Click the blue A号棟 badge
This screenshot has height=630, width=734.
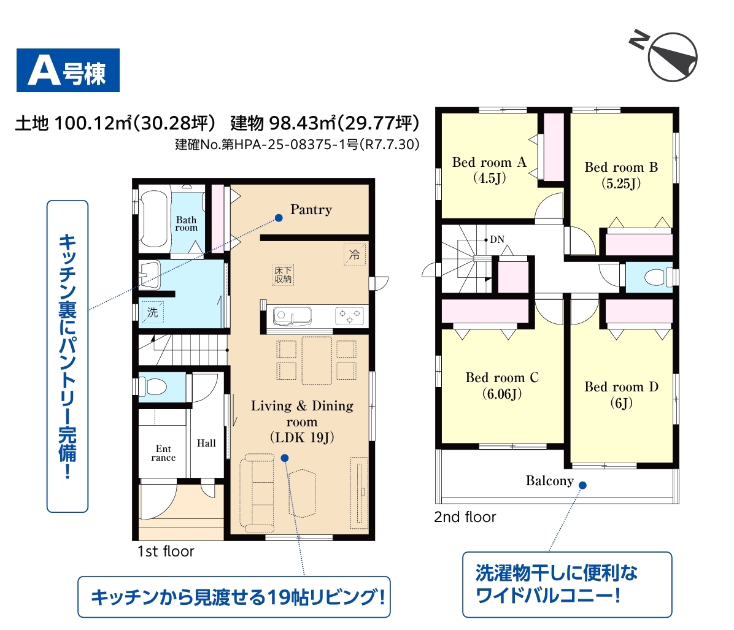(x=68, y=70)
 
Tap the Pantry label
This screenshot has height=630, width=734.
(x=311, y=210)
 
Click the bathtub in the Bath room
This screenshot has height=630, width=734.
(x=154, y=218)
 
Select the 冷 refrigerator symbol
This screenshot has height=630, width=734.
(x=354, y=255)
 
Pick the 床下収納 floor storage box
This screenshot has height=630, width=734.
(x=283, y=275)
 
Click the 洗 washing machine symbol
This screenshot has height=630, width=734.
(x=153, y=312)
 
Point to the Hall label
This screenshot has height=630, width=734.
(x=206, y=443)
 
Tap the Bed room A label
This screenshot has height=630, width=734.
(x=489, y=163)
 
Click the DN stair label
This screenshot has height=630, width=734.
(x=497, y=240)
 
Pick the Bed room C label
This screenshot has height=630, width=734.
(x=502, y=378)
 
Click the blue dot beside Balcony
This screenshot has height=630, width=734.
(x=583, y=485)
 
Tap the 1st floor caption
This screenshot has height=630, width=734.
(x=166, y=551)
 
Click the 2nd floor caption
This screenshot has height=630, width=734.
(x=465, y=517)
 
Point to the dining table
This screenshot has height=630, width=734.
(x=317, y=361)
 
